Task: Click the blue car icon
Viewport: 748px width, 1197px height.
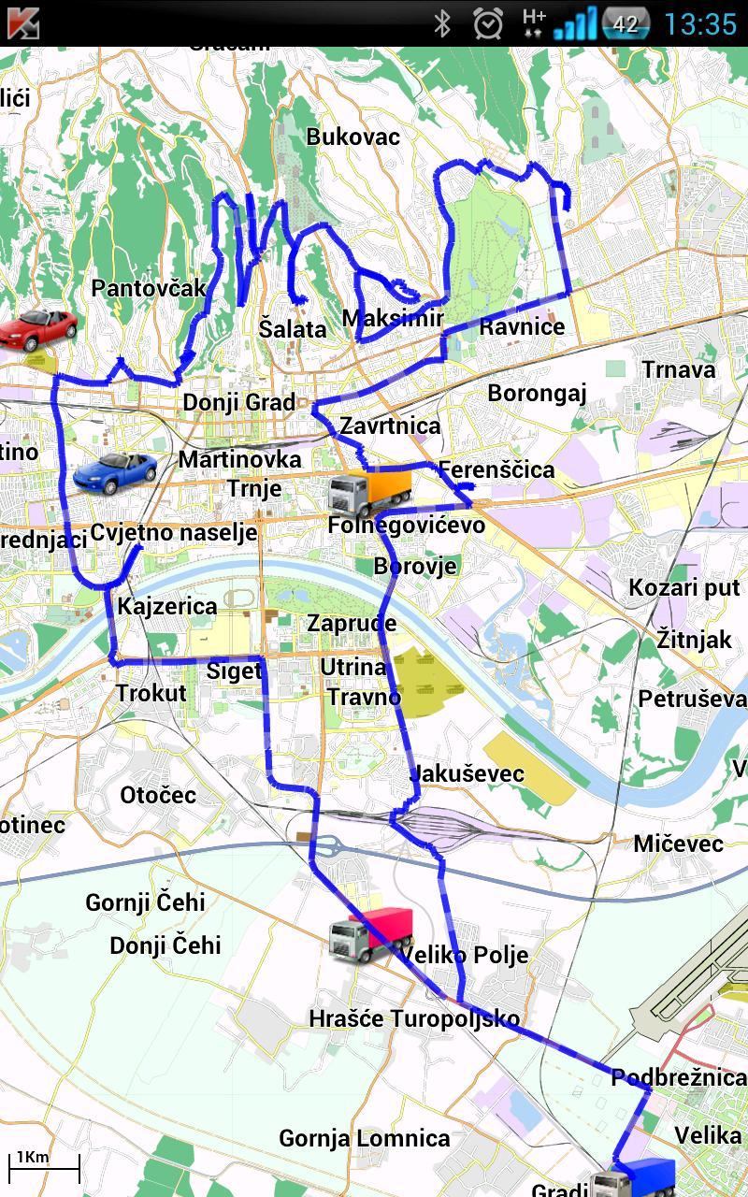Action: [x=115, y=472]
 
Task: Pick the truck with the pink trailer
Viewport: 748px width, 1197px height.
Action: [x=371, y=933]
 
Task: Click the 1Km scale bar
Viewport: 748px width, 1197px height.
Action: [x=44, y=1165]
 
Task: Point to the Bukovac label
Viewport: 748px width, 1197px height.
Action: [x=353, y=137]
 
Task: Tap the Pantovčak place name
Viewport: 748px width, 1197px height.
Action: [x=149, y=288]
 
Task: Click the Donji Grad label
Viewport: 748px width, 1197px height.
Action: [x=239, y=403]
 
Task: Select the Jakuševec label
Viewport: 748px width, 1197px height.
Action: [x=467, y=773]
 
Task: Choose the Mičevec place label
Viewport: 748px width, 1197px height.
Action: [x=679, y=844]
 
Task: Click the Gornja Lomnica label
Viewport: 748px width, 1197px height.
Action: [x=365, y=1138]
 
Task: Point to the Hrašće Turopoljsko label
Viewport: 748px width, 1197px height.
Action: [x=414, y=1018]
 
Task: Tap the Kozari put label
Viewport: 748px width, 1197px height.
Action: [x=684, y=588]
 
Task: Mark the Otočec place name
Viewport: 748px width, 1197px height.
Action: [x=158, y=795]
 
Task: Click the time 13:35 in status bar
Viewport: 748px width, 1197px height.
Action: [x=700, y=23]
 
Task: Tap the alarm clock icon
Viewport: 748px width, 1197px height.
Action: [x=488, y=23]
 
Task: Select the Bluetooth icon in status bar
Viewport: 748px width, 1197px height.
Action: [x=442, y=23]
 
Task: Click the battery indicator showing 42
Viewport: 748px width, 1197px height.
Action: [x=626, y=23]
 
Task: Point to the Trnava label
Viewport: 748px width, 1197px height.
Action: [x=679, y=369]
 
